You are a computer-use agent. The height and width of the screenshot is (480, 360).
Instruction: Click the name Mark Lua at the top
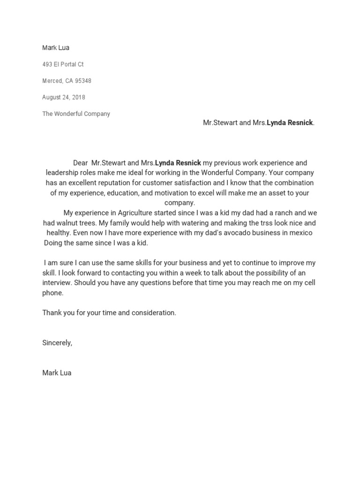click(x=56, y=48)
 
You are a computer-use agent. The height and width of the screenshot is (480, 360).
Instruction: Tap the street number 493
click(x=47, y=64)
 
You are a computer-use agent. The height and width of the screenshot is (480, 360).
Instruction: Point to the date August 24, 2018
click(x=64, y=97)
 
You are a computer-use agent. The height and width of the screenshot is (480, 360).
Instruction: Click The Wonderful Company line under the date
click(x=76, y=114)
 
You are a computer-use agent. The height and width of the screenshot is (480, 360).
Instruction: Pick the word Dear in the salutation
click(x=80, y=163)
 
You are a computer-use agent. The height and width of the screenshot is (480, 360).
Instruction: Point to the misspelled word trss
click(x=260, y=223)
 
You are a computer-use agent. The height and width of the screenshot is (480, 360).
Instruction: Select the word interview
click(x=57, y=283)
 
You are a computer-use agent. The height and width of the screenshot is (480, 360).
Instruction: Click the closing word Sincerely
click(x=57, y=343)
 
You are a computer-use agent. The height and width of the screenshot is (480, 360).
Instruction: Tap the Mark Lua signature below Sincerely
click(x=57, y=373)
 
